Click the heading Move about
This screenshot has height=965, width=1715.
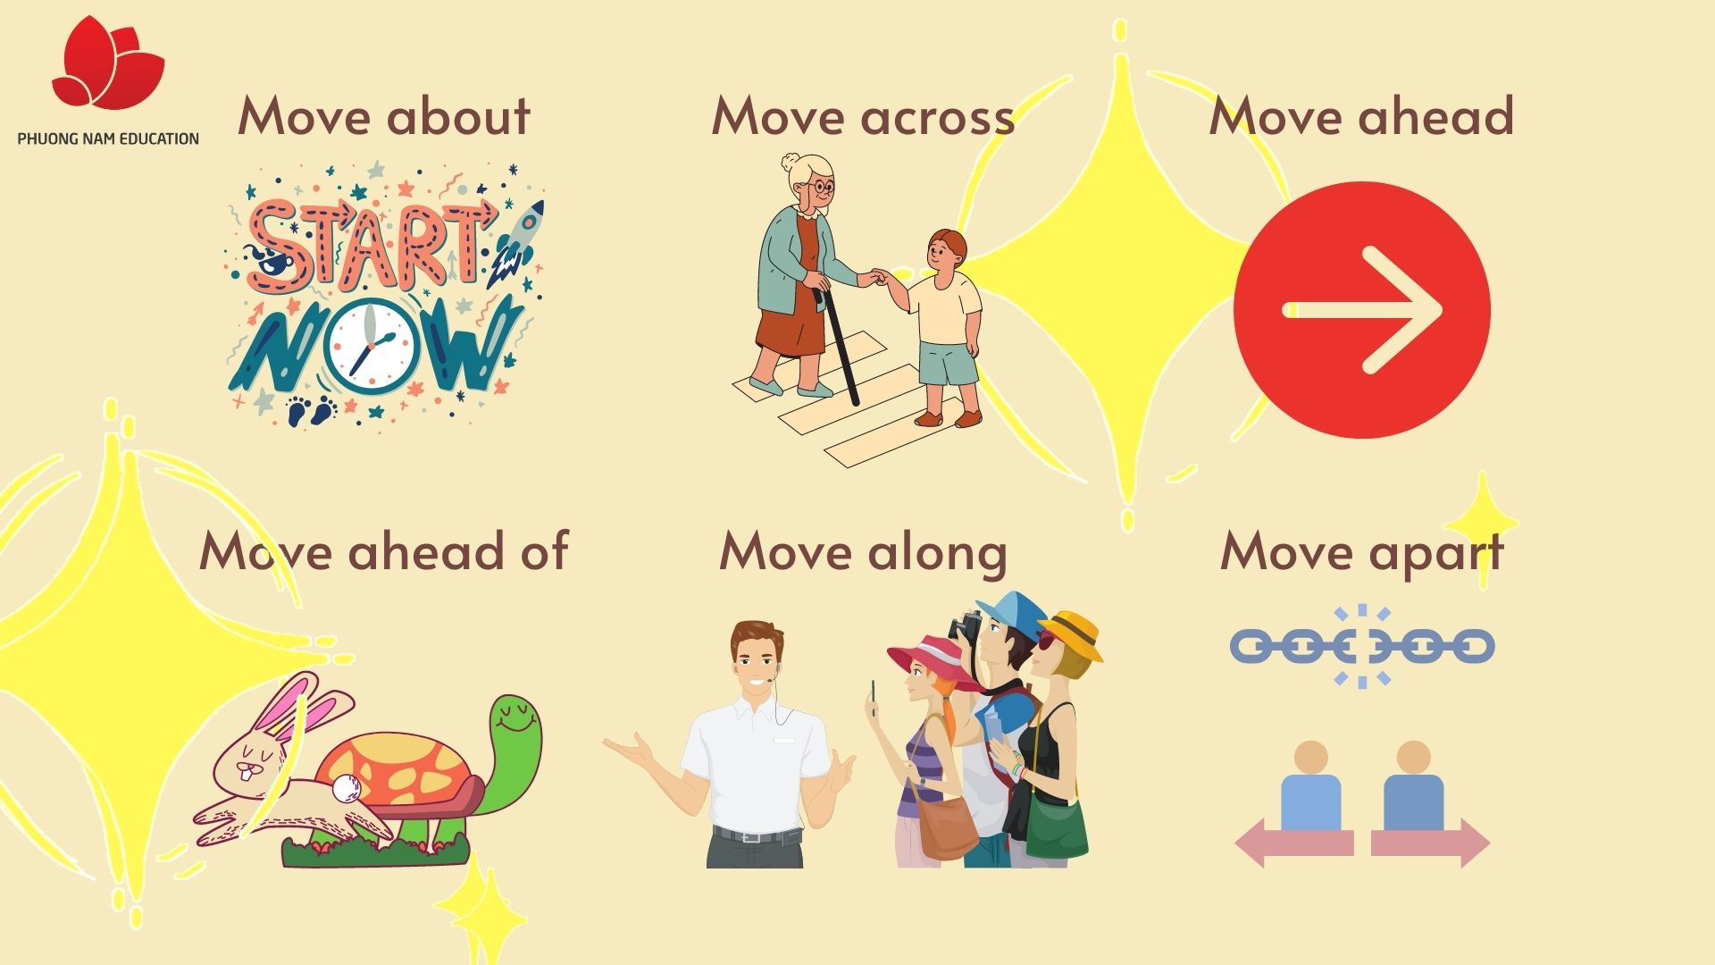384,117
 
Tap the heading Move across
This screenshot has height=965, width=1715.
863,117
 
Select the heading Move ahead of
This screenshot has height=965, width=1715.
383,550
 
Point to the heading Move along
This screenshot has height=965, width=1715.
863,552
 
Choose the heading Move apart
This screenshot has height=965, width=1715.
1362,552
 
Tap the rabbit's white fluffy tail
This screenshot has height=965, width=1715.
345,787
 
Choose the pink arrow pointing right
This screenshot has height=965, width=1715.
1430,843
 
